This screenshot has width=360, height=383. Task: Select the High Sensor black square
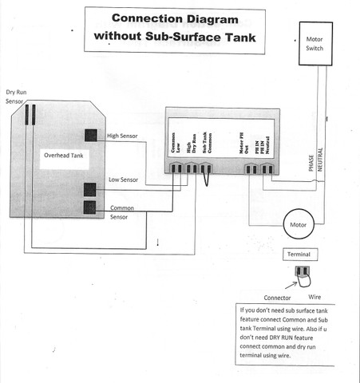pyautogui.click(x=91, y=135)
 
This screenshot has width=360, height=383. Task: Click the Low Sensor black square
pyautogui.click(x=90, y=190)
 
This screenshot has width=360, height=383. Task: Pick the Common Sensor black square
pyautogui.click(x=89, y=207)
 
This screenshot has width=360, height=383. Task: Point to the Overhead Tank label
pyautogui.click(x=64, y=156)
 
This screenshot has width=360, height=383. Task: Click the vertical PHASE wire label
pyautogui.click(x=311, y=163)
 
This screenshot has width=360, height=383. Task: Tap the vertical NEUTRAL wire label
pyautogui.click(x=320, y=160)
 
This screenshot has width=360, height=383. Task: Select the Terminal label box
pyautogui.click(x=300, y=255)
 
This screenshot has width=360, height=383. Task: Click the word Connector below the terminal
pyautogui.click(x=277, y=298)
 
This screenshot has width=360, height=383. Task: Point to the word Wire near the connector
pyautogui.click(x=315, y=297)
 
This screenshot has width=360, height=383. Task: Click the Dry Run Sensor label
pyautogui.click(x=16, y=97)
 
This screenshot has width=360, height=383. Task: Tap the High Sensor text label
pyautogui.click(x=122, y=136)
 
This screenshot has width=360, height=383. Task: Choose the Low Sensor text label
pyautogui.click(x=123, y=180)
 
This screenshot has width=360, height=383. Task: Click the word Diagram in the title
pyautogui.click(x=212, y=19)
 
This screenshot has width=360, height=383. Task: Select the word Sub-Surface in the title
pyautogui.click(x=184, y=37)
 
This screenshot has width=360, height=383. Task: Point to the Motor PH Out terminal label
pyautogui.click(x=243, y=143)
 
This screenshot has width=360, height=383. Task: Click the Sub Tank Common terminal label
pyautogui.click(x=207, y=142)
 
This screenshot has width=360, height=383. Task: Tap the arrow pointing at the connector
pyautogui.click(x=291, y=285)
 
